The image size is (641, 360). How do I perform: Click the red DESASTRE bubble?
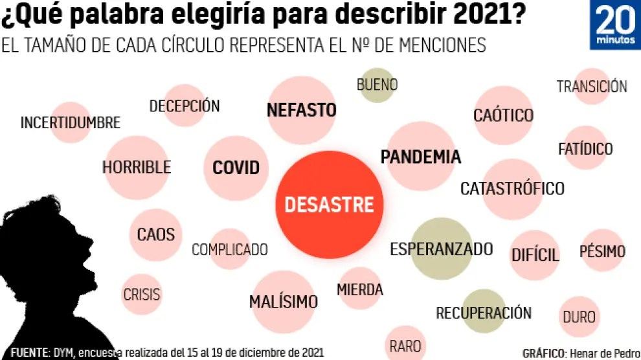tap(329, 205)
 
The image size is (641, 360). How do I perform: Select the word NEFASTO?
tap(301, 110)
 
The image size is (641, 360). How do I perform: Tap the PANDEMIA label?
tap(421, 157)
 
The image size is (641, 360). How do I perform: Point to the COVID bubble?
tap(236, 168)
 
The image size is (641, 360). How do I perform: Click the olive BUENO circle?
tap(377, 85)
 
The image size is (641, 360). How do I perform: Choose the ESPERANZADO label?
tap(441, 249)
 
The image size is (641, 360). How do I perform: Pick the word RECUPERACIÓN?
tap(483, 313)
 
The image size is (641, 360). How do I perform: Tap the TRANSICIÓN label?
tap(592, 87)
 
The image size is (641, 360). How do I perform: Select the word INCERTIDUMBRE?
tap(71, 122)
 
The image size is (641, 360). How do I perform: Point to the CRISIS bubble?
tap(141, 295)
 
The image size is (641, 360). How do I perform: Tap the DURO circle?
tap(579, 317)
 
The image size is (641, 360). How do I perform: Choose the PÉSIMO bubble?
tap(602, 251)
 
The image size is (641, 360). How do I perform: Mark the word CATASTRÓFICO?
tap(512, 189)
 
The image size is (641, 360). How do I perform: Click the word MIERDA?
tap(360, 289)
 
